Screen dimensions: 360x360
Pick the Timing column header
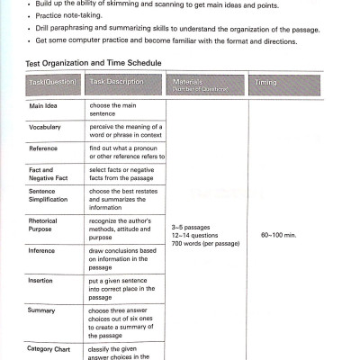tap(265, 83)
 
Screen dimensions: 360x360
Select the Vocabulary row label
tap(45, 127)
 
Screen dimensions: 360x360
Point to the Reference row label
tap(44, 148)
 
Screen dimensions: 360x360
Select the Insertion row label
tap(42, 280)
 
